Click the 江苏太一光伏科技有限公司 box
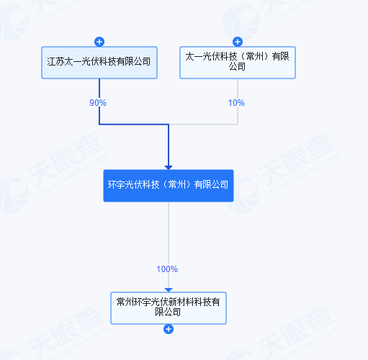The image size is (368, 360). [x=99, y=63]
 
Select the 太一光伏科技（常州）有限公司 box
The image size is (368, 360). [x=238, y=63]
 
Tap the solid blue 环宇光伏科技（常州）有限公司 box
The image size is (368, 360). [x=169, y=186]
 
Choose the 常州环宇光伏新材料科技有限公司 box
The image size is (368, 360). [x=169, y=308]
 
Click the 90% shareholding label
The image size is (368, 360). [x=98, y=103]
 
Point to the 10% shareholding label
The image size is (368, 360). [x=236, y=103]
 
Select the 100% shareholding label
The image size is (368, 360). [x=167, y=269]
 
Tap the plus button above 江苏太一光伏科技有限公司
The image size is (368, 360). [x=99, y=42]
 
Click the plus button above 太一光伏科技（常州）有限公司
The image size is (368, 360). [x=238, y=42]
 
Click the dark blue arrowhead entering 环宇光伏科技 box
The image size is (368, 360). [x=169, y=168]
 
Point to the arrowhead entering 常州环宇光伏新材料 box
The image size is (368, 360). [x=169, y=290]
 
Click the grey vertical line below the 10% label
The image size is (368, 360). [x=238, y=116]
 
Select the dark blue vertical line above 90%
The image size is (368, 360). [x=99, y=89]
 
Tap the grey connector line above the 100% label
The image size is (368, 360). [x=169, y=233]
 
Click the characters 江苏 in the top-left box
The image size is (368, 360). [x=55, y=62]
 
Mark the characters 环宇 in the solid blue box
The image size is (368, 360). [x=117, y=184]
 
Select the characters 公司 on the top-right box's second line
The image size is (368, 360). [x=237, y=66]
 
